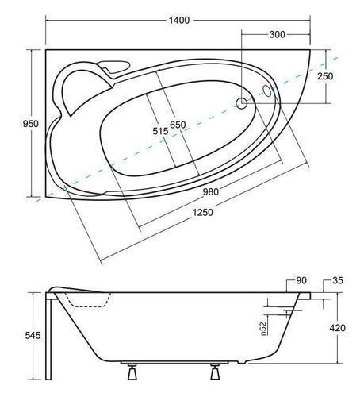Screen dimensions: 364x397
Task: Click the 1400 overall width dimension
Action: coord(179,20)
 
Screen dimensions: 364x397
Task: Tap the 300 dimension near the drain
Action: coord(278,34)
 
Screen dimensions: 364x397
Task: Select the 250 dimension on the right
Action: coord(325,76)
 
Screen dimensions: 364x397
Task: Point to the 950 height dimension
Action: coord(30,124)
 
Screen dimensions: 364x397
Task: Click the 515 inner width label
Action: coord(160,131)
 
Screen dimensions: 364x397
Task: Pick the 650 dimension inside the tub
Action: coord(178,125)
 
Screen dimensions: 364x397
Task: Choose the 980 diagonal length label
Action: coord(211,191)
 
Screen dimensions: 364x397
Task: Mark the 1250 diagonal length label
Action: coord(202,212)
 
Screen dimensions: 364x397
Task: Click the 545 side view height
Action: coord(33,336)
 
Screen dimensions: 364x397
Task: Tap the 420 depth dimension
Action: coord(337,328)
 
